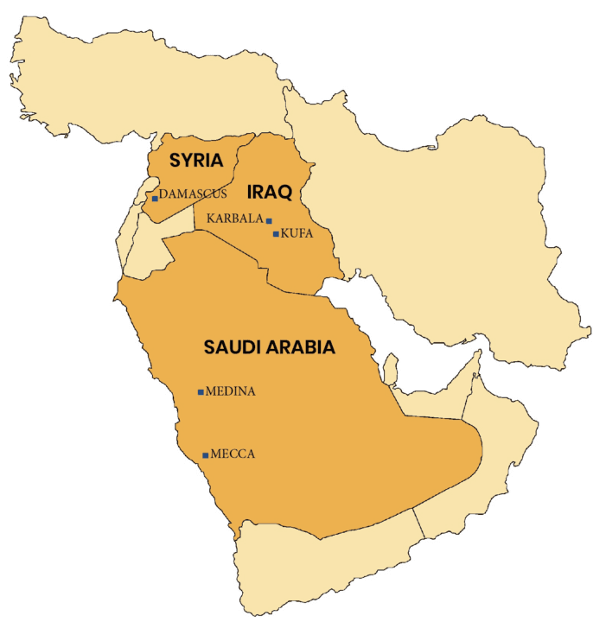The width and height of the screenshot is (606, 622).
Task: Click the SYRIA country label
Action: click(x=196, y=161)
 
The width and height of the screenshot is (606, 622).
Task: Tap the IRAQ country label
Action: click(x=270, y=192)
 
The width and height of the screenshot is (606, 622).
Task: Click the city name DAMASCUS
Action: click(x=193, y=194)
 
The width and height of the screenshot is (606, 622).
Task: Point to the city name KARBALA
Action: click(x=234, y=219)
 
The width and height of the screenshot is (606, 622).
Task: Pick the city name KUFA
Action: click(x=297, y=233)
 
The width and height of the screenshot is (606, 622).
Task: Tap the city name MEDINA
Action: click(x=231, y=391)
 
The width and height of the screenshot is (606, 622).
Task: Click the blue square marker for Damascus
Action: click(x=155, y=198)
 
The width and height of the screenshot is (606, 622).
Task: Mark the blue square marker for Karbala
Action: click(x=269, y=221)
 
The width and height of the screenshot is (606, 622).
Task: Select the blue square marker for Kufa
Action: click(x=276, y=234)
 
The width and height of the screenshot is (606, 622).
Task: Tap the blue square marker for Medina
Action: click(x=201, y=392)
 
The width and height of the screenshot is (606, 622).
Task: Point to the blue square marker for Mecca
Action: click(x=205, y=455)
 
